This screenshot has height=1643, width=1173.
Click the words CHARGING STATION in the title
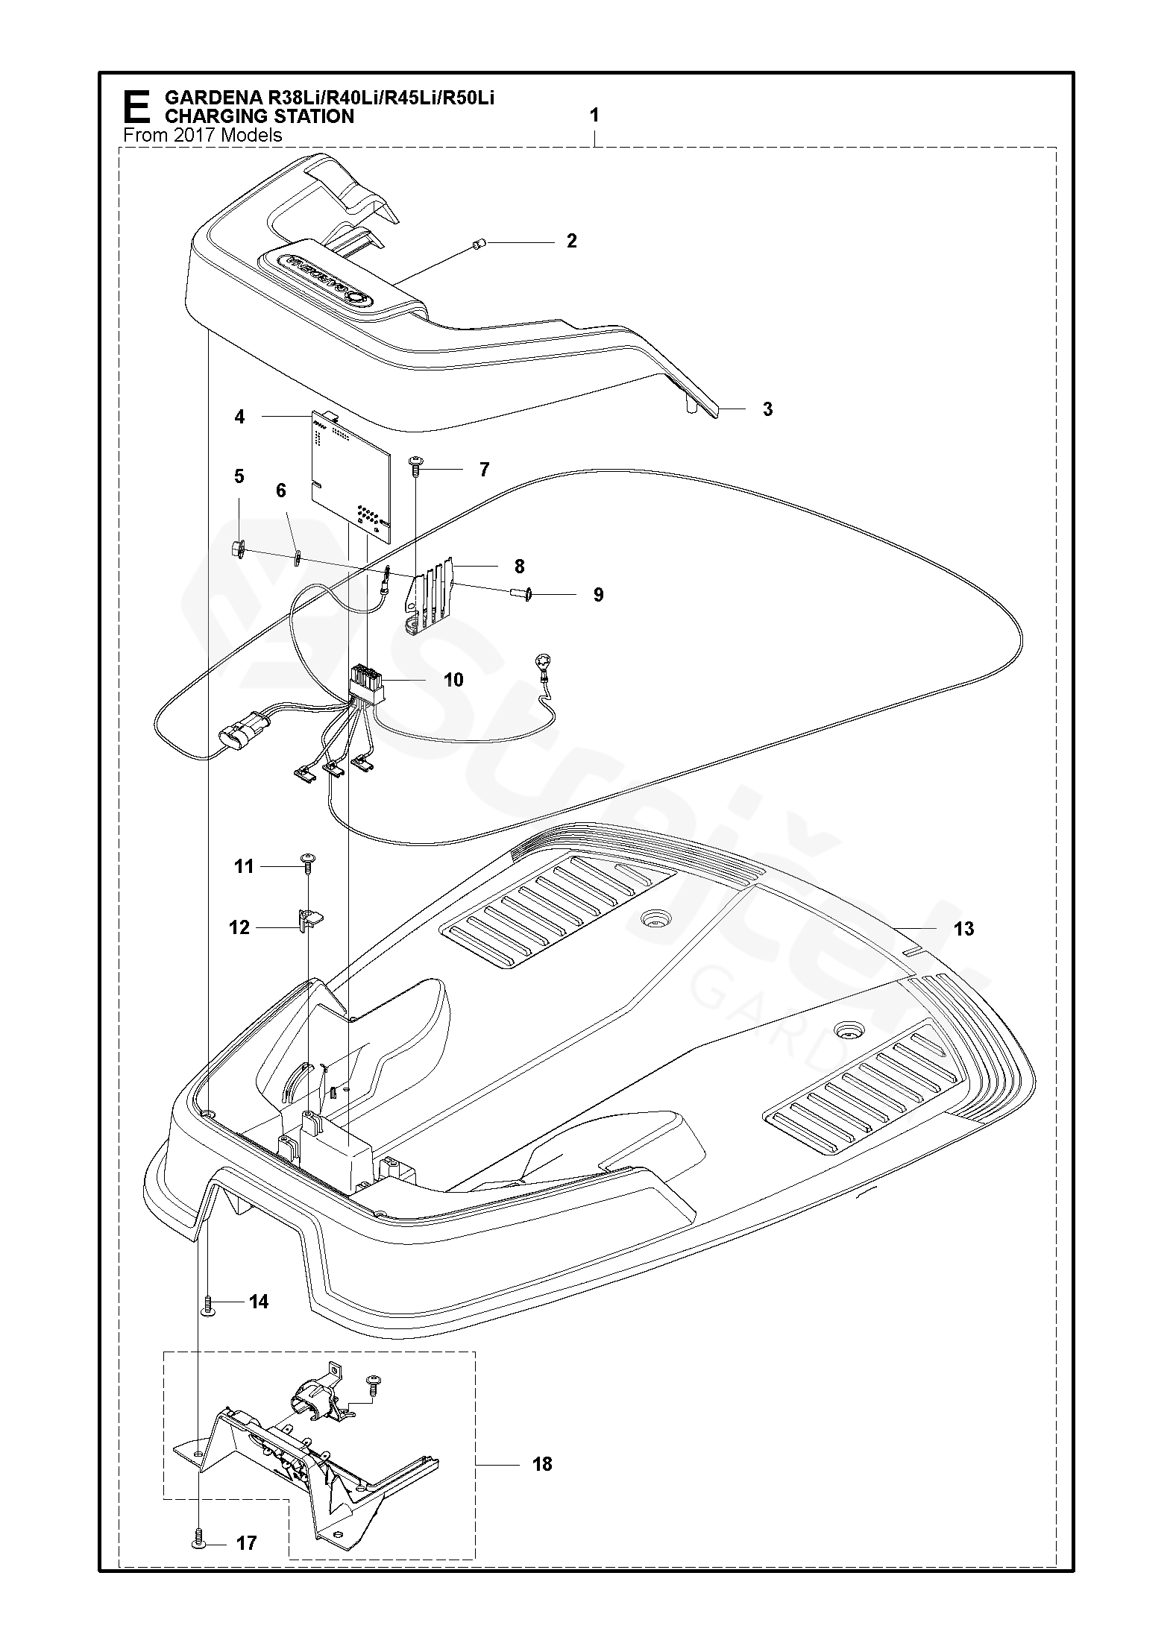pyautogui.click(x=259, y=116)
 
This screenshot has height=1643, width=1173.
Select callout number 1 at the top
pyautogui.click(x=594, y=116)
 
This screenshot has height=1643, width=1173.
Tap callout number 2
pyautogui.click(x=571, y=241)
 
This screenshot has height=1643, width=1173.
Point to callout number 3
pyautogui.click(x=767, y=409)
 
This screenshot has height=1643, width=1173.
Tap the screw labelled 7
pyautogui.click(x=415, y=466)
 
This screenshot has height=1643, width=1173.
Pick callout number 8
pyautogui.click(x=519, y=566)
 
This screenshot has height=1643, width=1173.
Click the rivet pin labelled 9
pyautogui.click(x=522, y=594)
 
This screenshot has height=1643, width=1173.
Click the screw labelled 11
pyautogui.click(x=307, y=861)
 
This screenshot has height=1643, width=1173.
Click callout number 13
pyautogui.click(x=963, y=928)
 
